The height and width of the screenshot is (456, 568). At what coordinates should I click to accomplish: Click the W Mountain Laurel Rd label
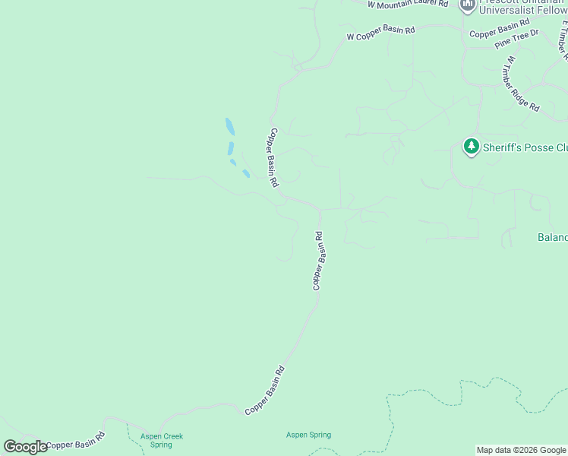407,5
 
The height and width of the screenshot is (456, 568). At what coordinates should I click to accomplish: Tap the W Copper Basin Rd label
380,33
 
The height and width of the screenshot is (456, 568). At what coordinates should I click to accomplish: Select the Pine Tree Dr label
516,40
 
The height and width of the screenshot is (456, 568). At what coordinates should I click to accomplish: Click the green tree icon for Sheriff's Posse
472,145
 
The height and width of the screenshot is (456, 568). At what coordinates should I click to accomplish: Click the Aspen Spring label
308,435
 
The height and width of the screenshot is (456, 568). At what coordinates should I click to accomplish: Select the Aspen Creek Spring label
161,440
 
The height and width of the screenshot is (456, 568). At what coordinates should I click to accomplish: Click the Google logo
25,447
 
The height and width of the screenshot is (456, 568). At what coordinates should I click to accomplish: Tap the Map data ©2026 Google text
522,450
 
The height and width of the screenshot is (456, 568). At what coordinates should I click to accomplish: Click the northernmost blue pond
229,125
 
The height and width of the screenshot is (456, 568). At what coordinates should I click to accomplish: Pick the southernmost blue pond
246,174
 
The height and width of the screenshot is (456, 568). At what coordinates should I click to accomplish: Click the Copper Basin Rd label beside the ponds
273,157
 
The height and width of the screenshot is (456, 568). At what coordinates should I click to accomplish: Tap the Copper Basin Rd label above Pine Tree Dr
499,30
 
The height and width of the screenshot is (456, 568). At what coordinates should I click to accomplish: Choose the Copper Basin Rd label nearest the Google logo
74,442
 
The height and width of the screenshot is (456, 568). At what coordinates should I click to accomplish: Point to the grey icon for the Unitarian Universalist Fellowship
468,5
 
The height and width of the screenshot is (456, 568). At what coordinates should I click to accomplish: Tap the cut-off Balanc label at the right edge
553,237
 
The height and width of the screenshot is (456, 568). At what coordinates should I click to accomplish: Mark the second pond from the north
230,148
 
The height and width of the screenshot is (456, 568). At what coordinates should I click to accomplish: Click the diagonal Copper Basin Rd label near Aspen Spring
265,391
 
